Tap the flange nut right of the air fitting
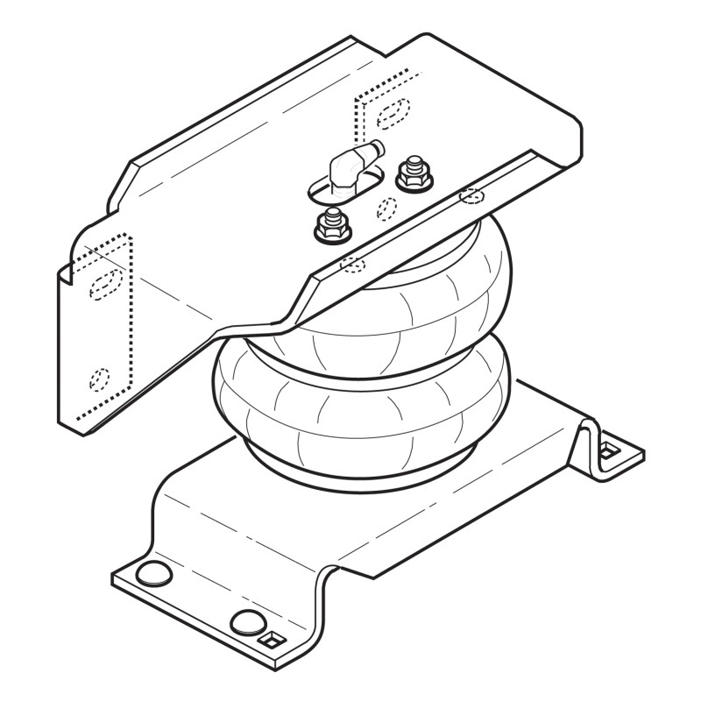[413, 175]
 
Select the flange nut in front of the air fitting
[331, 228]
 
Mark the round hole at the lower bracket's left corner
[154, 575]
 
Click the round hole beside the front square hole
[247, 622]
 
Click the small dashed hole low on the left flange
[99, 379]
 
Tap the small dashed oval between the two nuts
[386, 208]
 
